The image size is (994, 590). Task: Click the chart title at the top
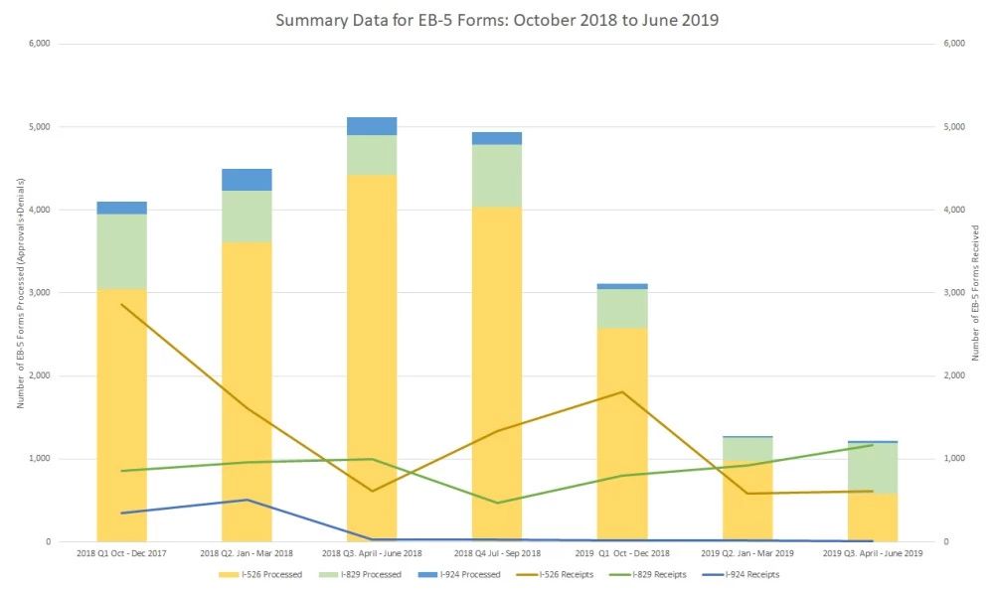[497, 19]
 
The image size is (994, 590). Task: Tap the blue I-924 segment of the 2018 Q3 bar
[372, 126]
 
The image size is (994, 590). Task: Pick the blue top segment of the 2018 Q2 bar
[247, 180]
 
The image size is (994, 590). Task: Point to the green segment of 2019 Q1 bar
[622, 308]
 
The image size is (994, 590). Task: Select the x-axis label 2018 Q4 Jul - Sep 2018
[497, 552]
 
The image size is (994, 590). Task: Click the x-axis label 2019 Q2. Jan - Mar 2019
[747, 552]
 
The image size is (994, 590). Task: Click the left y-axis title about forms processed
[19, 293]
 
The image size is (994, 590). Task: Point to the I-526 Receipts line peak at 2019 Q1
[622, 391]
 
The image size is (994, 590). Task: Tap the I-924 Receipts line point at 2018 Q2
[247, 500]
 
